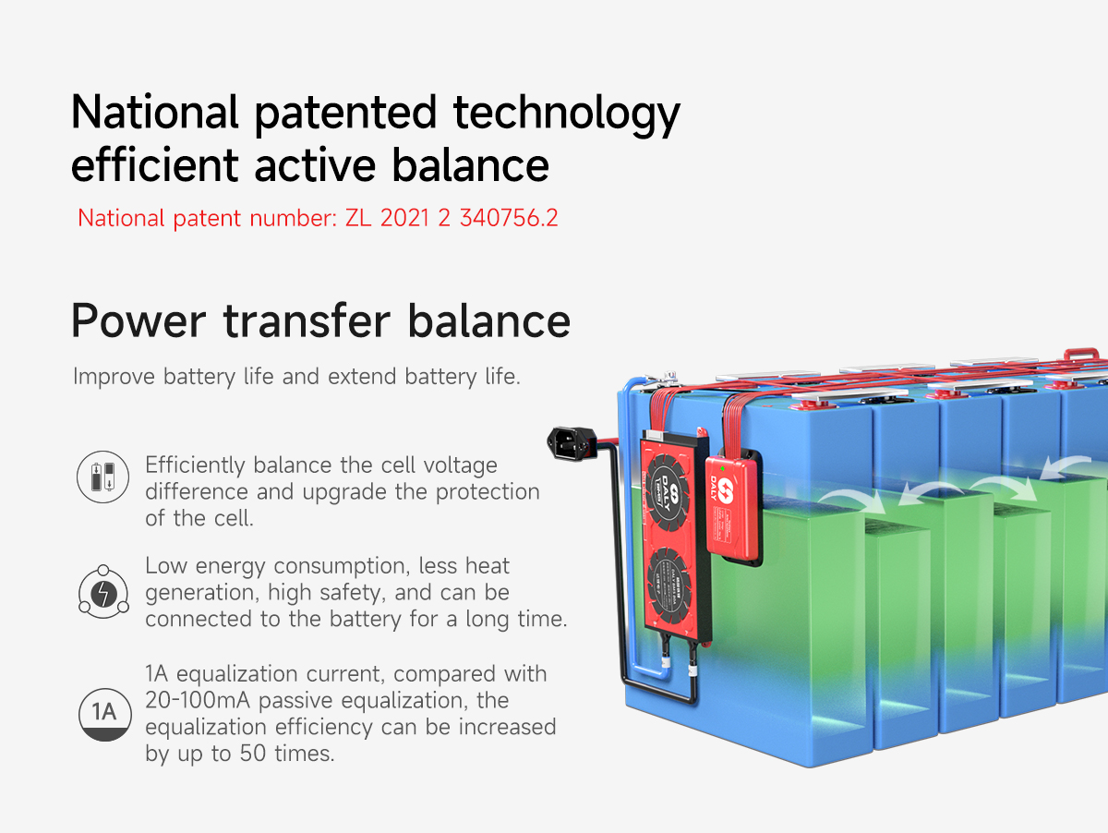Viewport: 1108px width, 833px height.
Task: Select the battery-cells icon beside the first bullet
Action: (x=102, y=477)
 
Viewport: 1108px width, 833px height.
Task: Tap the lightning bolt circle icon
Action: (x=102, y=592)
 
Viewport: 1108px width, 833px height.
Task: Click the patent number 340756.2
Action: (x=509, y=219)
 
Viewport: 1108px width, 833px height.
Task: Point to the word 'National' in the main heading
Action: (x=154, y=113)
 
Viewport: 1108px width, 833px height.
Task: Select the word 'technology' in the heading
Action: (x=566, y=113)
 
